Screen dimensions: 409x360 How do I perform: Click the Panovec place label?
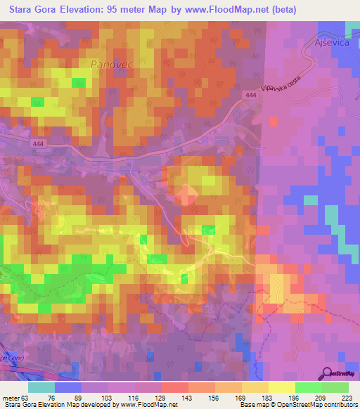110,64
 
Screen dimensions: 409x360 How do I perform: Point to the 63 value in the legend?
25,397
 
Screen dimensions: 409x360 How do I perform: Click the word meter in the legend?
11,397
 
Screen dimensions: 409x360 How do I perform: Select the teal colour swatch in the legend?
41,387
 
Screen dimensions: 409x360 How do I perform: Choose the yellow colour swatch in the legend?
281,387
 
